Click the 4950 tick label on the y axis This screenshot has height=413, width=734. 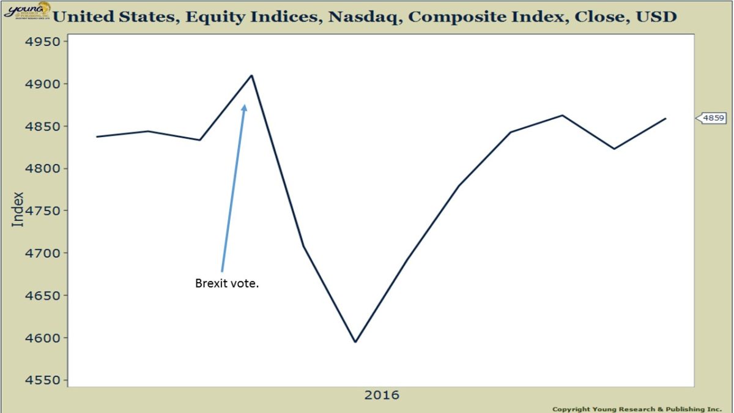pos(43,42)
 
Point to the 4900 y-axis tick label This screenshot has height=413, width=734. pos(43,84)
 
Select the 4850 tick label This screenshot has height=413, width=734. pos(43,127)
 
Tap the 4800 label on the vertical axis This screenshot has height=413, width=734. pos(43,169)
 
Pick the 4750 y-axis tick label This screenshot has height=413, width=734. pos(43,211)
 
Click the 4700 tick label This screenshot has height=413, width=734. pos(43,253)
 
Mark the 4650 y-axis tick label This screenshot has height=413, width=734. pos(43,296)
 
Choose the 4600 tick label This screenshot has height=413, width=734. pos(43,338)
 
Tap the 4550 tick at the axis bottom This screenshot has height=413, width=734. pos(43,380)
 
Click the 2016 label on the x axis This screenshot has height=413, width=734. pos(382,395)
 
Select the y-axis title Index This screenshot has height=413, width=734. pos(18,209)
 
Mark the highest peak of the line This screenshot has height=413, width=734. pos(251,76)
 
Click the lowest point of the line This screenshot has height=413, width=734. pos(355,341)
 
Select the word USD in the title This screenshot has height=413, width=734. pos(657,17)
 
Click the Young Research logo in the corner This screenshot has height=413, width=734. pos(25,10)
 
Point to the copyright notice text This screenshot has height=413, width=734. pos(637,409)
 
